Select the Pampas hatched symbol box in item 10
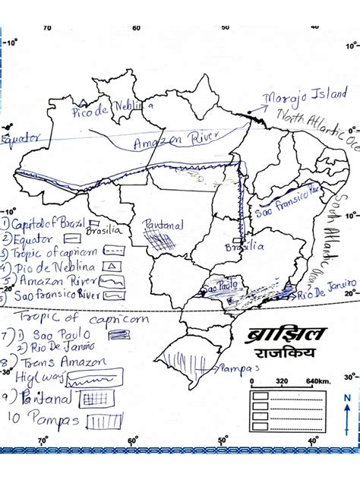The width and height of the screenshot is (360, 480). (x=105, y=419)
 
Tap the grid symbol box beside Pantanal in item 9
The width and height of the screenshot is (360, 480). (x=95, y=397)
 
